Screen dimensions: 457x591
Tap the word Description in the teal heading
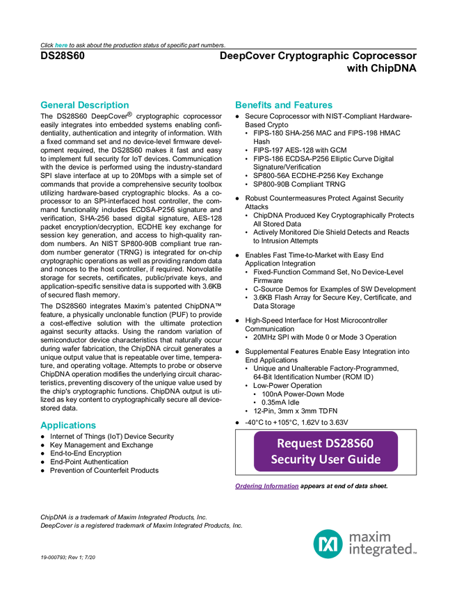pyautogui.click(x=104, y=106)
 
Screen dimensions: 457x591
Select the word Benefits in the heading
pyautogui.click(x=252, y=106)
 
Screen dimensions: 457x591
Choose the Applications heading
pyautogui.click(x=68, y=426)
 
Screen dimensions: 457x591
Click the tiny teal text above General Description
pyautogui.click(x=61, y=45)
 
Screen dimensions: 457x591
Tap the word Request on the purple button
pyautogui.click(x=299, y=444)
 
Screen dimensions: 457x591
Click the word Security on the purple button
pyautogui.click(x=293, y=460)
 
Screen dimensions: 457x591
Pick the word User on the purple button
pyautogui.click(x=332, y=460)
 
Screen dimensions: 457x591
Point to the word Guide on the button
pyautogui.click(x=365, y=460)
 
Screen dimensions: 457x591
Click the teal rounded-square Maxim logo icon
pyautogui.click(x=328, y=543)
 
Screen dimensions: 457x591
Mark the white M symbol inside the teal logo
pyautogui.click(x=328, y=543)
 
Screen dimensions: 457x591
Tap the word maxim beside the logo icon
pyautogui.click(x=371, y=536)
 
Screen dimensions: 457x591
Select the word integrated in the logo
pyautogui.click(x=380, y=550)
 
